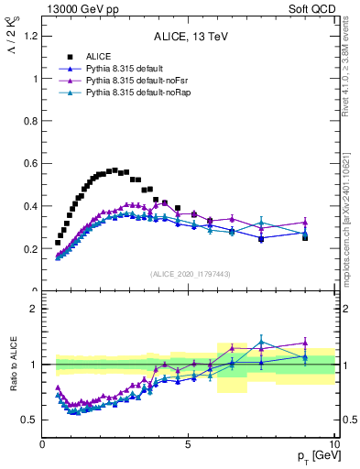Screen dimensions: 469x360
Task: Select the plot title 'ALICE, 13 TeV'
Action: coord(189,37)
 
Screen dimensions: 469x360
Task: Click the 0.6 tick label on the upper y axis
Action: coord(31,164)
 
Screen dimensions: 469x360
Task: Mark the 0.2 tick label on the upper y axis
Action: coord(31,249)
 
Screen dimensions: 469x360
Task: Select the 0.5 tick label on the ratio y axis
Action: coord(31,420)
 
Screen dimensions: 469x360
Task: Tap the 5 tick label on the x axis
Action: coord(188,444)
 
